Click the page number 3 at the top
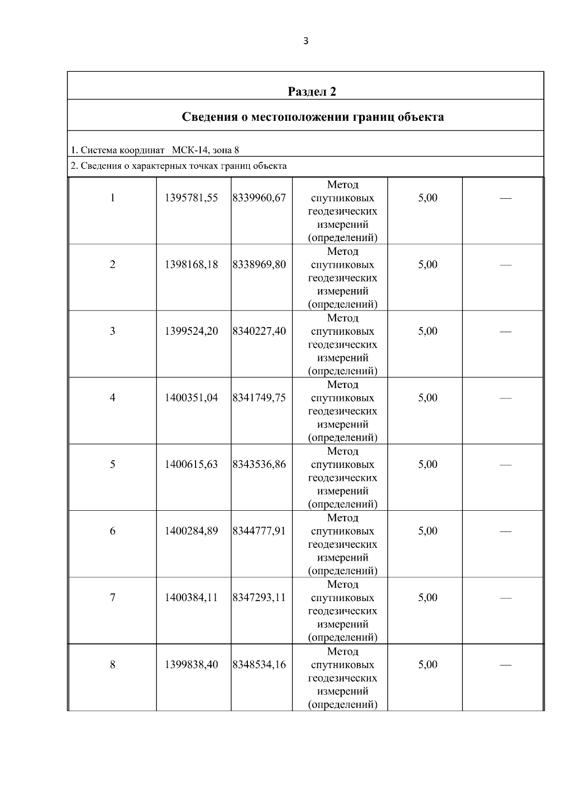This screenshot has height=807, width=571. pyautogui.click(x=305, y=41)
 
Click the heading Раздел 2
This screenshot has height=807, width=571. pyautogui.click(x=312, y=91)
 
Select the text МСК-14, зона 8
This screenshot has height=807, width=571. pyautogui.click(x=206, y=150)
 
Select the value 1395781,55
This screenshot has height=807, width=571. pyautogui.click(x=191, y=198)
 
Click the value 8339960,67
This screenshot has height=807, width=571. pyautogui.click(x=259, y=198)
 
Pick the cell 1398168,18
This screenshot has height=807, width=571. pyautogui.click(x=191, y=264)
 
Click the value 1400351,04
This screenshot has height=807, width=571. pyautogui.click(x=191, y=398)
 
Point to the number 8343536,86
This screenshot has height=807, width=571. pyautogui.click(x=259, y=464)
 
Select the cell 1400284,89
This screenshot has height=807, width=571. pyautogui.click(x=191, y=531)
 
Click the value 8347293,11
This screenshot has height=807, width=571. pyautogui.click(x=259, y=597)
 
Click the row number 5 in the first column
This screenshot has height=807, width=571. pyautogui.click(x=112, y=464)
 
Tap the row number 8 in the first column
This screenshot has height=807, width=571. pyautogui.click(x=112, y=664)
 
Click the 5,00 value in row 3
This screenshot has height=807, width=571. pyautogui.click(x=428, y=331)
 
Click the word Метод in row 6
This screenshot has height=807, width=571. pyautogui.click(x=343, y=518)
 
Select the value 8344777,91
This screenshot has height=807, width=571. pyautogui.click(x=259, y=531)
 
